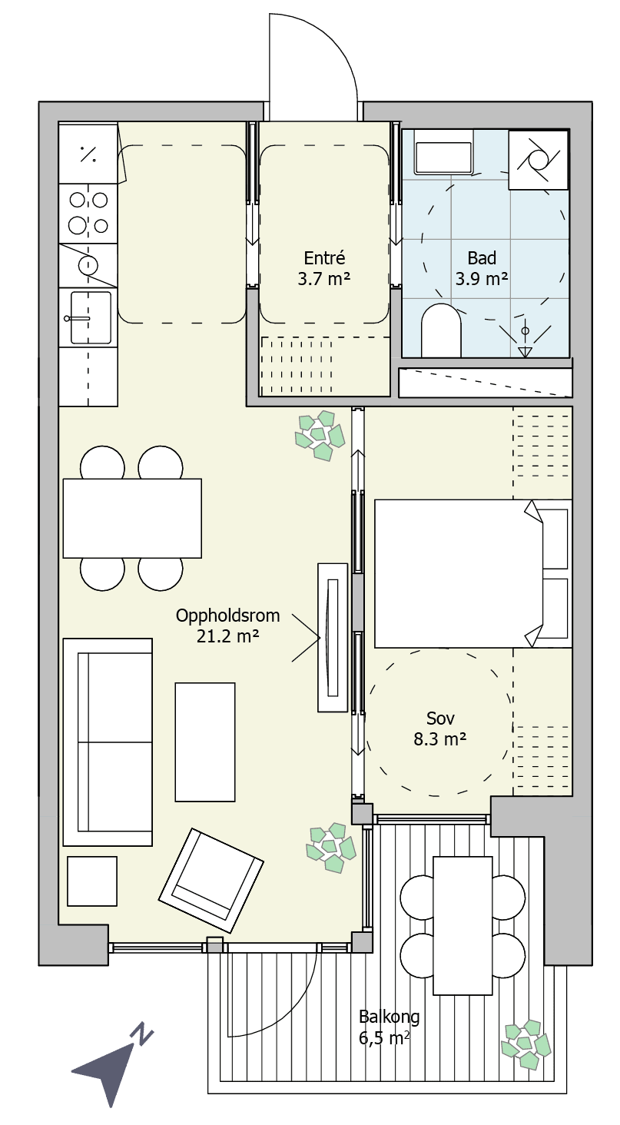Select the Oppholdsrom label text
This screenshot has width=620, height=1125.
point(227,616)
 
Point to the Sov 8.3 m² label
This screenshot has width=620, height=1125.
point(440,728)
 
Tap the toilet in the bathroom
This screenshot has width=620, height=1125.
point(441,330)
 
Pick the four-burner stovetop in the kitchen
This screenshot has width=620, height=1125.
point(88,214)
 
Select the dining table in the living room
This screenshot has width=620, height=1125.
point(132,518)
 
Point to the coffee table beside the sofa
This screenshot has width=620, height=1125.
point(205,742)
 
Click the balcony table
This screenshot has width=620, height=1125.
point(463,925)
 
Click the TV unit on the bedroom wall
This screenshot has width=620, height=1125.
point(333,637)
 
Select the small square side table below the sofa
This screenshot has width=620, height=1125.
point(92,881)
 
